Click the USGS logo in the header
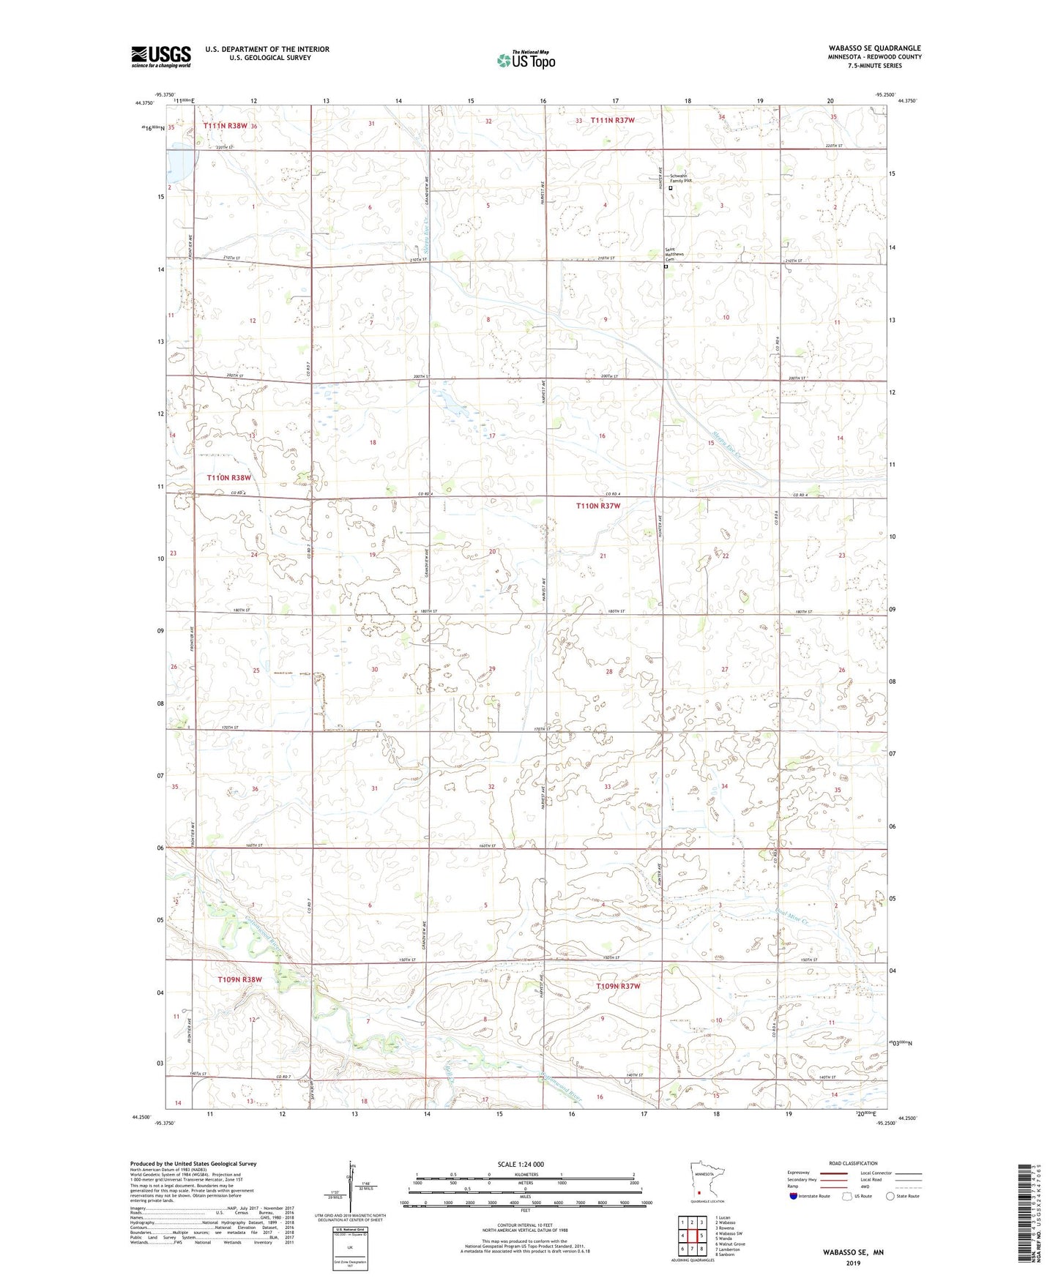[161, 56]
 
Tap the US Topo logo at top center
[526, 60]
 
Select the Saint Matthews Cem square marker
[666, 267]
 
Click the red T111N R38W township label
[230, 126]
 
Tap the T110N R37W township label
[598, 506]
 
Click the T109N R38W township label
[239, 979]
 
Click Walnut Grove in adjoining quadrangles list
[731, 1244]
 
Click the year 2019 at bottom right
[854, 1263]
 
